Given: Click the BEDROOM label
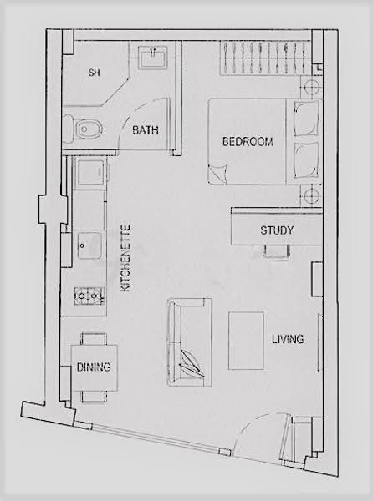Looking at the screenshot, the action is [248, 142].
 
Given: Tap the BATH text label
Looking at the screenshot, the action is [146, 130].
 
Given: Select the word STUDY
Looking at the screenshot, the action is [276, 230].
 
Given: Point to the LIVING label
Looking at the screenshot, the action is [288, 339].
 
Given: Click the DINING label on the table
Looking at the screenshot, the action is [94, 367].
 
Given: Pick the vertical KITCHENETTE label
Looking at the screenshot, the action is [125, 258].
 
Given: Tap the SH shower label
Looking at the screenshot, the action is [94, 73].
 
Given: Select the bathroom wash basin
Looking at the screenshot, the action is [153, 57].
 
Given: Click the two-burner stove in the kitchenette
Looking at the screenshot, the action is [89, 296].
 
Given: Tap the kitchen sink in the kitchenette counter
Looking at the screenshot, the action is [89, 245].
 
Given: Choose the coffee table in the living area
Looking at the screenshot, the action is [246, 341].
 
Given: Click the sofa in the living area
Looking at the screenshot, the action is [190, 342].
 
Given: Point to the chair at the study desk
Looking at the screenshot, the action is [277, 250].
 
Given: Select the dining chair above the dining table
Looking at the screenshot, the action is [94, 339].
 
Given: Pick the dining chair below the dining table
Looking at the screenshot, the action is [94, 397].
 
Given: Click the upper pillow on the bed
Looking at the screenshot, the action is [307, 119].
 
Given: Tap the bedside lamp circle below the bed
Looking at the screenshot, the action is [311, 195].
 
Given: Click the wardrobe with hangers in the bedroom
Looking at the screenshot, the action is [265, 58].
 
